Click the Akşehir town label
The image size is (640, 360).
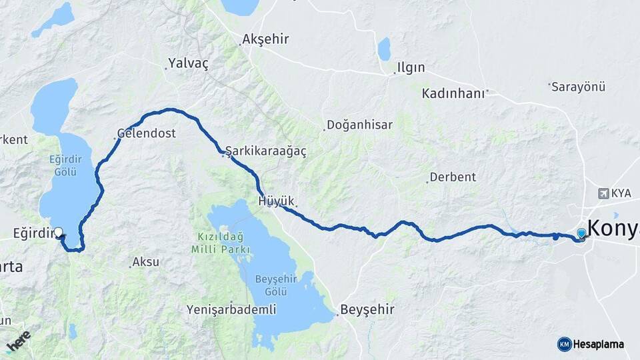click(265, 39)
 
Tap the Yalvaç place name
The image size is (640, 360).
click(189, 63)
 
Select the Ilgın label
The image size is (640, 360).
click(411, 68)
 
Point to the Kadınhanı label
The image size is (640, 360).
click(453, 93)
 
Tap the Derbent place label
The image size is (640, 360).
click(453, 177)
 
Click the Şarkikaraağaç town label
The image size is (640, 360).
click(266, 152)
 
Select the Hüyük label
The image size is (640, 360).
click(275, 201)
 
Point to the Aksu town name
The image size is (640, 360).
click(145, 262)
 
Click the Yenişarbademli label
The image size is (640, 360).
click(231, 310)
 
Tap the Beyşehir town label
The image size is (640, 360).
click(367, 310)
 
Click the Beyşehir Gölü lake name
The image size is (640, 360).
click(271, 285)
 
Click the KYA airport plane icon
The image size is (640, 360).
click(605, 193)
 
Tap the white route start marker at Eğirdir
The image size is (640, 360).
click(59, 233)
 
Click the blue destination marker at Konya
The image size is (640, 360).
click(581, 233)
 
